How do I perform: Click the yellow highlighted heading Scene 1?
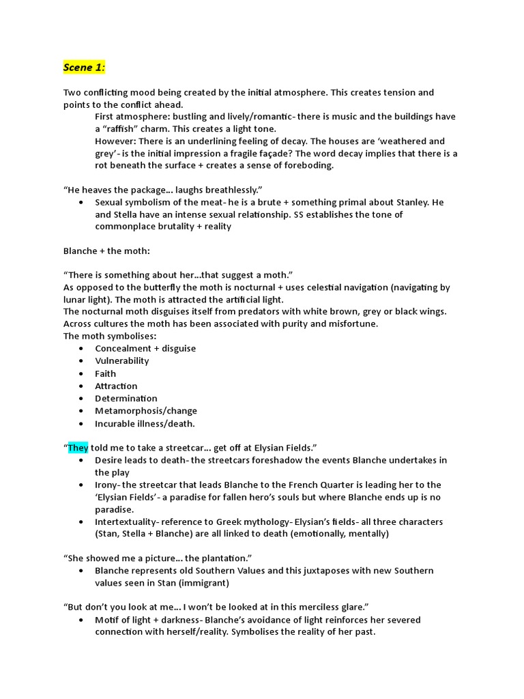85,67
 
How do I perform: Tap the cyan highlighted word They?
78,448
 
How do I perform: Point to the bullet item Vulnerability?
121,361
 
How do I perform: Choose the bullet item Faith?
105,373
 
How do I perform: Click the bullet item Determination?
126,399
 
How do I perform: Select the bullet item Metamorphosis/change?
145,411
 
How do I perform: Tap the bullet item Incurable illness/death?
145,423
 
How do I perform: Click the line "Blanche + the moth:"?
106,251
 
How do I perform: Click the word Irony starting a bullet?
107,485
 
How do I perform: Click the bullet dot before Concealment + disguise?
82,349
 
